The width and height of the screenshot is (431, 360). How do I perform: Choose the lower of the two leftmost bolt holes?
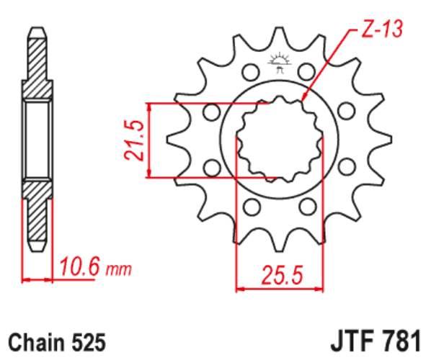(x=212, y=168)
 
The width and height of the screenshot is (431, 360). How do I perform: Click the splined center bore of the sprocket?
(x=278, y=140)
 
